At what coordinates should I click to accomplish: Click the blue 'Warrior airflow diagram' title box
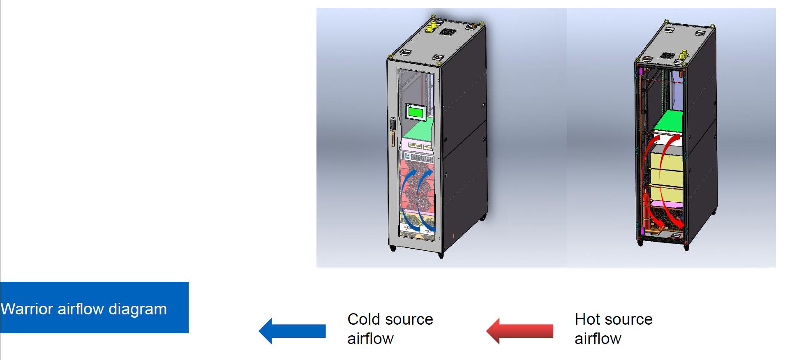pos(94,307)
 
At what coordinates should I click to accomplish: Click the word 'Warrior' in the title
pos(27,309)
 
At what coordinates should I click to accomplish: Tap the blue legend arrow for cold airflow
pos(292,330)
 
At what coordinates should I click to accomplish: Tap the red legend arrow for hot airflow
pos(520,330)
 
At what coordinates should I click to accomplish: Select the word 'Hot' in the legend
pos(588,319)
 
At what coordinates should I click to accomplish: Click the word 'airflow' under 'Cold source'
pos(370,339)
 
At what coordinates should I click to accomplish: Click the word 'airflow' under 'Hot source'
pos(598,339)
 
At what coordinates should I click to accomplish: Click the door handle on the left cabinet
pos(393,132)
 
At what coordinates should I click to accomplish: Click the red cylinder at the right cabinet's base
pos(646,210)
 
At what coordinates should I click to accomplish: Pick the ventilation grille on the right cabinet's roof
pos(668,55)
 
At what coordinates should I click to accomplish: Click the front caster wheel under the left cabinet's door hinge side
pos(393,248)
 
